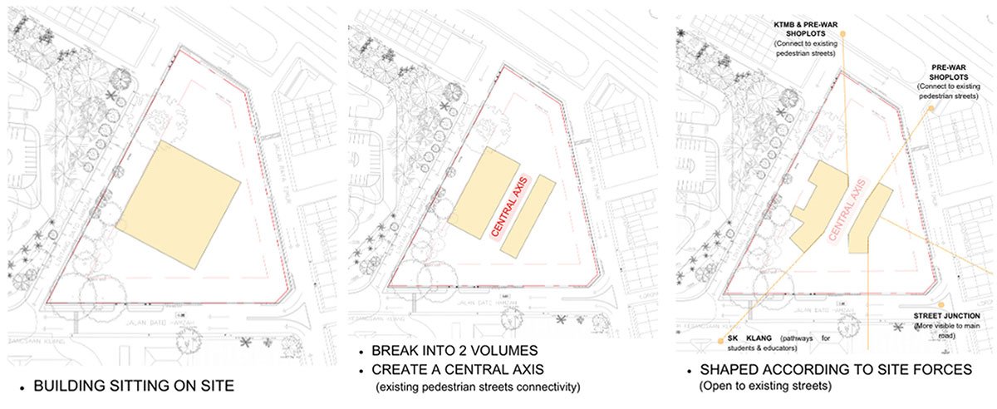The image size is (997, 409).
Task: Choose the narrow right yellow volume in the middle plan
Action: (x=528, y=215)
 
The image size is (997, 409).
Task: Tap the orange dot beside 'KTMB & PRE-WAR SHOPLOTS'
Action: (x=842, y=33)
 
